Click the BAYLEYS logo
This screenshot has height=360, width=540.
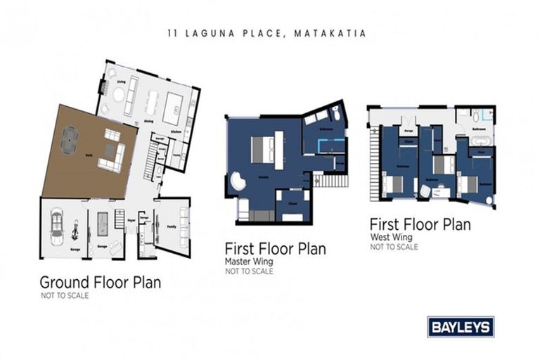[x=461, y=326]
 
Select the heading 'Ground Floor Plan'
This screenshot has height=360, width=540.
[x=100, y=283]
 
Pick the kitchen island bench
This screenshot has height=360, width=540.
[x=172, y=108]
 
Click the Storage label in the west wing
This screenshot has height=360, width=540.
[x=406, y=129]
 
